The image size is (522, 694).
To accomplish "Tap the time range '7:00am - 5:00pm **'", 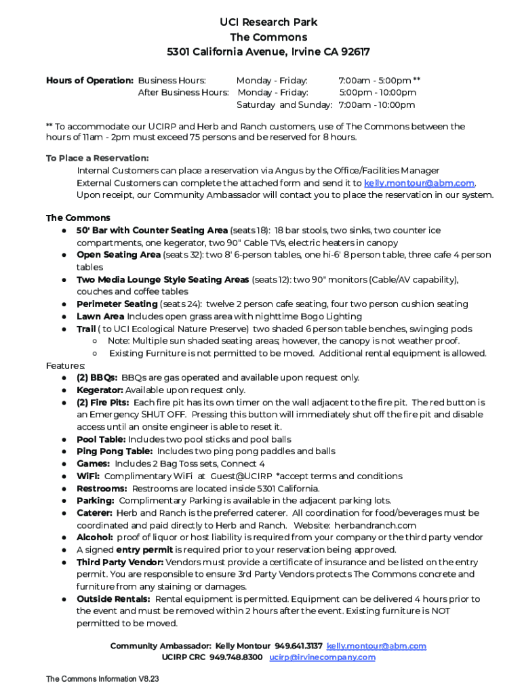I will [379, 81].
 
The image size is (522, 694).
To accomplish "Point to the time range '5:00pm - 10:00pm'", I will [378, 93].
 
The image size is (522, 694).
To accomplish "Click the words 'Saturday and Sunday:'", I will [284, 105].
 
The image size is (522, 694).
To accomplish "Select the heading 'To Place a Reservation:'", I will [97, 158].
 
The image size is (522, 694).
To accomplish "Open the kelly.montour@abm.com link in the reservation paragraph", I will [419, 183].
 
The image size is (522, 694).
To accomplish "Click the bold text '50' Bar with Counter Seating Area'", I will [152, 230].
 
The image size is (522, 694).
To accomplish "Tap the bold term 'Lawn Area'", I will [100, 317].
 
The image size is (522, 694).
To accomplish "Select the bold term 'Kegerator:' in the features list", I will [100, 390].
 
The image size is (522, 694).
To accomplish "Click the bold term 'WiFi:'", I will [88, 476].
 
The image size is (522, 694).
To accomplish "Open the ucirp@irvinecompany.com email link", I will [322, 657].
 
